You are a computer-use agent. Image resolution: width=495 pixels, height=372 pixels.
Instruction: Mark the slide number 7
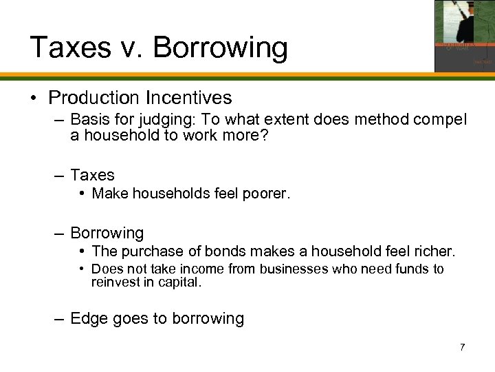click(462, 347)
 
